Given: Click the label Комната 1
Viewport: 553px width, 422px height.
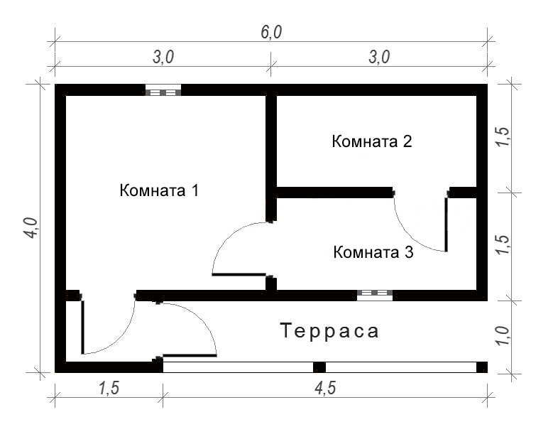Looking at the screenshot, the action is point(159,190).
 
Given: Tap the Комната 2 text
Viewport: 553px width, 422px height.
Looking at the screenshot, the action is point(372,141).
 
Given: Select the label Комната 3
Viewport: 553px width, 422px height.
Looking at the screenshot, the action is point(373,252).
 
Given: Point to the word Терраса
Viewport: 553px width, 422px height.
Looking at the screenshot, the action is point(329,331).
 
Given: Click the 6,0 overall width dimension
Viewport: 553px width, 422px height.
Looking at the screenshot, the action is point(271,33).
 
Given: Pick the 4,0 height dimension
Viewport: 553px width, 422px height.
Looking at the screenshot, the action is point(31,228).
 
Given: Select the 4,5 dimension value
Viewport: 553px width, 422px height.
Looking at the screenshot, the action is point(325,389).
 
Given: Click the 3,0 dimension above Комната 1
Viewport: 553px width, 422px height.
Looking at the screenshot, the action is point(163,57).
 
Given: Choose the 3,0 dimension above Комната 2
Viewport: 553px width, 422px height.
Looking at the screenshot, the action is point(379,57).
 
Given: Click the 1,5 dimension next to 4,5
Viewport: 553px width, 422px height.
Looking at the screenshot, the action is point(109,389).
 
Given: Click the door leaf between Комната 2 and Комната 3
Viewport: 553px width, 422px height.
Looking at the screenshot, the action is point(446,224).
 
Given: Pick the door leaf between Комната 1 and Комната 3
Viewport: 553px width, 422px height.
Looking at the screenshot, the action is point(239,274).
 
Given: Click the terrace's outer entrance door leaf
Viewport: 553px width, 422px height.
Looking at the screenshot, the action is point(190,355).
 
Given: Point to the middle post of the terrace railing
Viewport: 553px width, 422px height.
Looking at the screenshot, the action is point(319,367).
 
